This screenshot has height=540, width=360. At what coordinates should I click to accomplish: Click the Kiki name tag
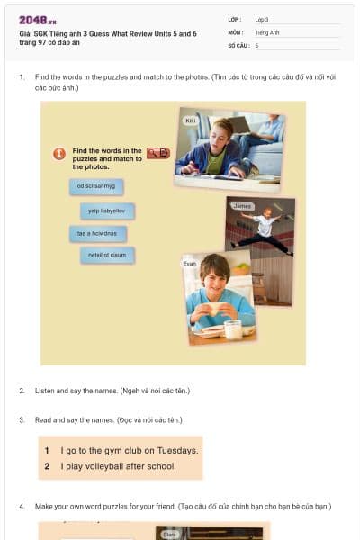click(190, 120)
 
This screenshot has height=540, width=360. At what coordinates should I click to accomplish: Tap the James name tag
click(242, 206)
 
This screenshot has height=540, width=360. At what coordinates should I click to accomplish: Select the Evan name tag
click(190, 263)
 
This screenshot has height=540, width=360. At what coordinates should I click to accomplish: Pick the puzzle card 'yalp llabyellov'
click(106, 211)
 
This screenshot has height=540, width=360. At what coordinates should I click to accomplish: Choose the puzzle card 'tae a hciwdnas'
click(98, 233)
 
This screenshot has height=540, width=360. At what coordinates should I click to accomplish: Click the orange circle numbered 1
click(59, 154)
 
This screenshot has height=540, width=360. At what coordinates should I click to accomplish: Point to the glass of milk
click(232, 329)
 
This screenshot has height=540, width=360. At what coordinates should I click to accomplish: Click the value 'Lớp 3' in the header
click(262, 19)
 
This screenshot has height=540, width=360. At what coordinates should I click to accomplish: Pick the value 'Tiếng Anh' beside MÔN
click(267, 31)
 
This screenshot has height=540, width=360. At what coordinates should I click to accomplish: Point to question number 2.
click(22, 391)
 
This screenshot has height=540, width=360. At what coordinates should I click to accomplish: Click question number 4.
click(22, 507)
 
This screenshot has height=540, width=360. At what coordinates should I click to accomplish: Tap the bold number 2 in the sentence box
click(46, 466)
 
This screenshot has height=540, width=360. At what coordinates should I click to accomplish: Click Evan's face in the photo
click(214, 271)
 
